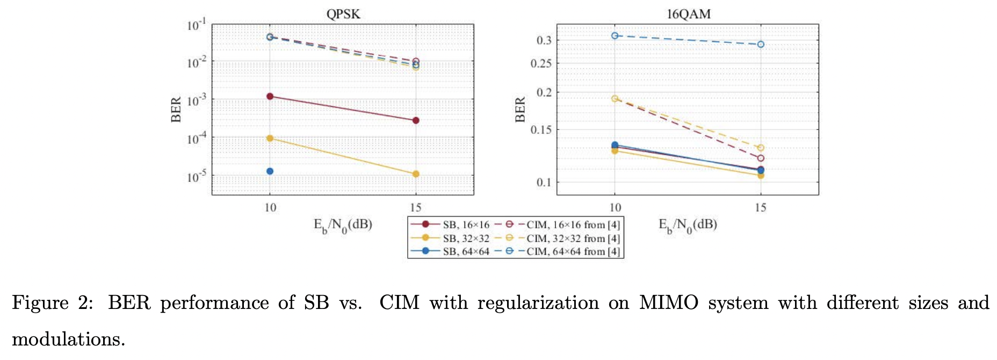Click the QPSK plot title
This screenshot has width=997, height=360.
(x=343, y=14)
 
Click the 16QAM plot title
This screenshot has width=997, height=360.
(x=688, y=14)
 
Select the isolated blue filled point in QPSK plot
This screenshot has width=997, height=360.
(x=270, y=171)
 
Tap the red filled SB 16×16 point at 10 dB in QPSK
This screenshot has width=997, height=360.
(x=270, y=96)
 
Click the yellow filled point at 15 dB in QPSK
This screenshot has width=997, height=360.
(x=416, y=174)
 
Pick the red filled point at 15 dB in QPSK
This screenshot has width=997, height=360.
(x=416, y=120)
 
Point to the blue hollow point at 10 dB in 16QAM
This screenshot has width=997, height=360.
(x=615, y=35)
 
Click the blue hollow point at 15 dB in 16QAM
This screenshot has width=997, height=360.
(x=761, y=45)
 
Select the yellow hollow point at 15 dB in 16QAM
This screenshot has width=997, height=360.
(x=761, y=148)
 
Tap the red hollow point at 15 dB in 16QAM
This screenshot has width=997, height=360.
(x=761, y=159)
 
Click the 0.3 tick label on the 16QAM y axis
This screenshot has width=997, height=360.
(x=544, y=40)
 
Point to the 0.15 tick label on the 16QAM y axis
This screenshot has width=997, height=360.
(x=541, y=129)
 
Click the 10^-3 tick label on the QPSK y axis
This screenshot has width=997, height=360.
(x=196, y=100)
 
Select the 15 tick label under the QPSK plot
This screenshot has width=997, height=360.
(x=416, y=208)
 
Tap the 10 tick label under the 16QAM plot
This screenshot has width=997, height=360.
(x=615, y=208)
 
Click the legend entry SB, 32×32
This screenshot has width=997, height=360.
(x=466, y=238)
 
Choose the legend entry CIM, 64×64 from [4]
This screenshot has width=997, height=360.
(x=573, y=251)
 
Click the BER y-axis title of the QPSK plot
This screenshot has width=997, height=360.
(x=176, y=110)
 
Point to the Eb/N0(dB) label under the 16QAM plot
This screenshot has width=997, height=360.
(x=688, y=225)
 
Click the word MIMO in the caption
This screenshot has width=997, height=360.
(x=668, y=303)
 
